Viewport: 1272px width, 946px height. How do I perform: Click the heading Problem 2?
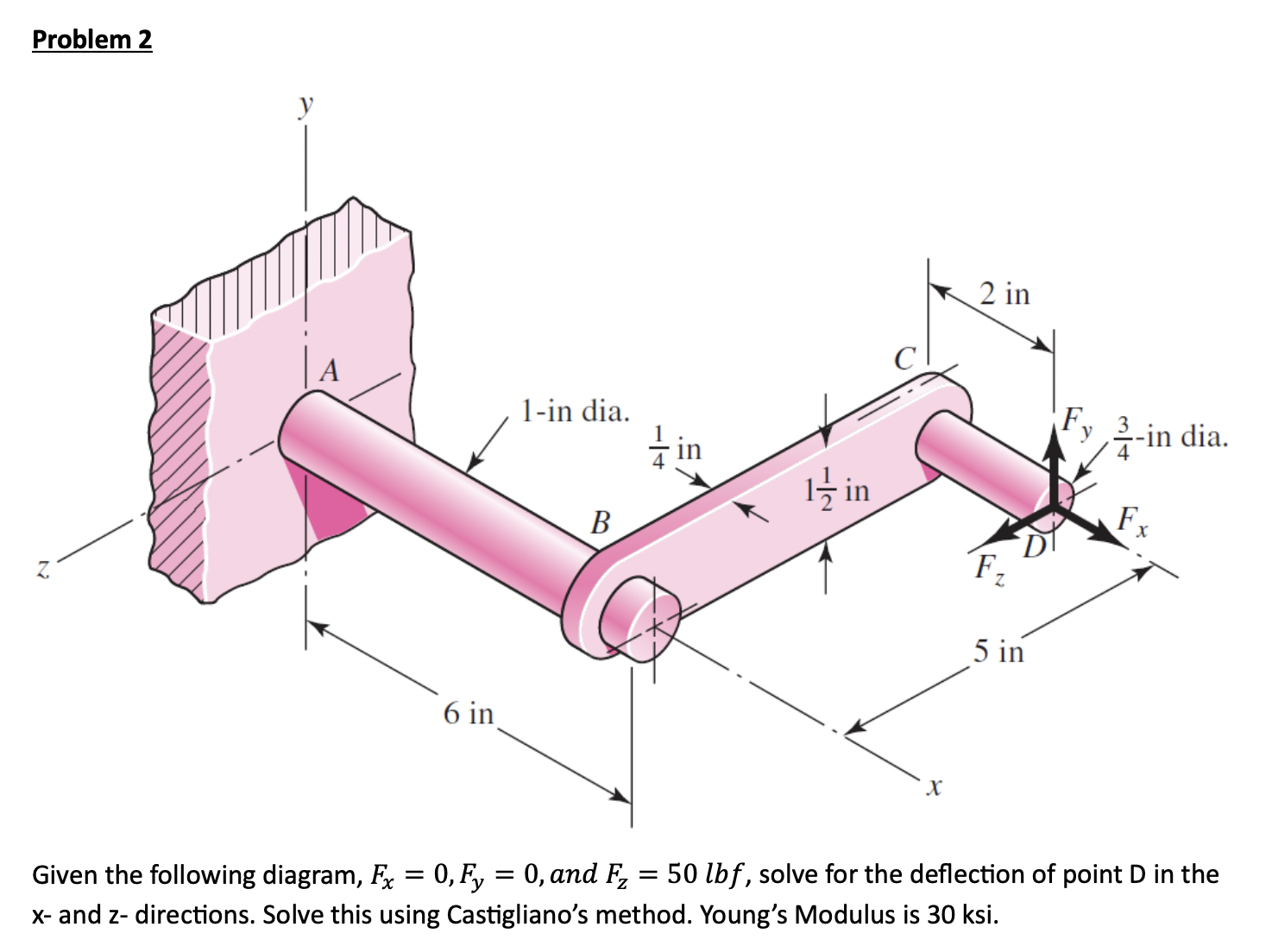(91, 40)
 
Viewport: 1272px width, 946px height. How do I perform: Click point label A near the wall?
(329, 371)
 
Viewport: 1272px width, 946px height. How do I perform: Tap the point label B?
(600, 522)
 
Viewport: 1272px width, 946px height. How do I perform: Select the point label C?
(904, 358)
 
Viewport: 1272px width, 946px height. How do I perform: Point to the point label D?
(1035, 546)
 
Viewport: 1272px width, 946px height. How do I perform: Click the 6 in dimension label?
(469, 714)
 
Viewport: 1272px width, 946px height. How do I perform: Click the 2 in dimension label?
(1004, 294)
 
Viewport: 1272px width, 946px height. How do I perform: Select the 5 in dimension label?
(998, 651)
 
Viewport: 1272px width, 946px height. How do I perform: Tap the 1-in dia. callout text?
(576, 411)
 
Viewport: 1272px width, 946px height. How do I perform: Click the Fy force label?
(1077, 420)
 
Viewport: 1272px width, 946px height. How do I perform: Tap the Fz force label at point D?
(989, 568)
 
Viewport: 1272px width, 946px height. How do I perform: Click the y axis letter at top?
(305, 106)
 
